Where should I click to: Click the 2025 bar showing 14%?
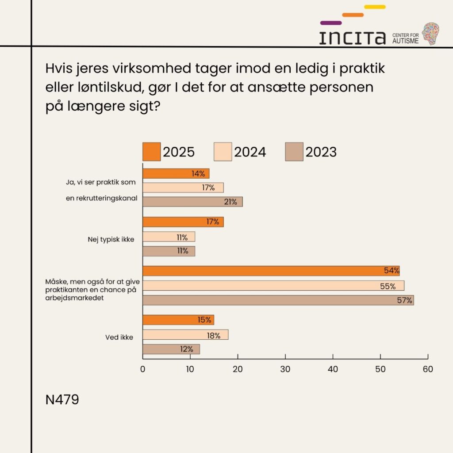click(x=176, y=173)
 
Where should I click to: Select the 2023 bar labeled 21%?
click(x=192, y=202)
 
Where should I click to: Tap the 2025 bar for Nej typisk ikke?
click(x=183, y=222)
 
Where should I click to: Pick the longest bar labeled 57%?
click(x=278, y=300)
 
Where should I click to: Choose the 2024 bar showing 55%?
click(x=273, y=286)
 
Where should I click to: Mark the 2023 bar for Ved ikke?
click(x=171, y=349)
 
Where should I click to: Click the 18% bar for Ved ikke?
click(x=185, y=335)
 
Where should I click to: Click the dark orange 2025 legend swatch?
click(x=151, y=152)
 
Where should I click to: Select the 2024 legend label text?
click(x=250, y=152)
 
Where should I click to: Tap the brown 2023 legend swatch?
click(x=294, y=152)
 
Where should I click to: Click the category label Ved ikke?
click(x=119, y=337)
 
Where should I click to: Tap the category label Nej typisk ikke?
click(x=111, y=239)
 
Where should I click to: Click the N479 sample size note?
click(x=62, y=400)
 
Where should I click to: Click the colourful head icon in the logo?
click(x=430, y=34)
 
